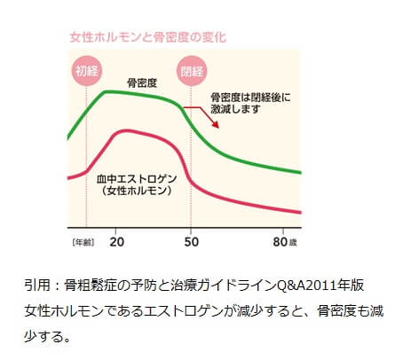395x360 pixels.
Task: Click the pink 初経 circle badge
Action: pyautogui.click(x=86, y=72)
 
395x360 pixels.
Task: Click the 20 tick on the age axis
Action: pyautogui.click(x=118, y=241)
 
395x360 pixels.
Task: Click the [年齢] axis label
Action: pyautogui.click(x=83, y=241)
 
